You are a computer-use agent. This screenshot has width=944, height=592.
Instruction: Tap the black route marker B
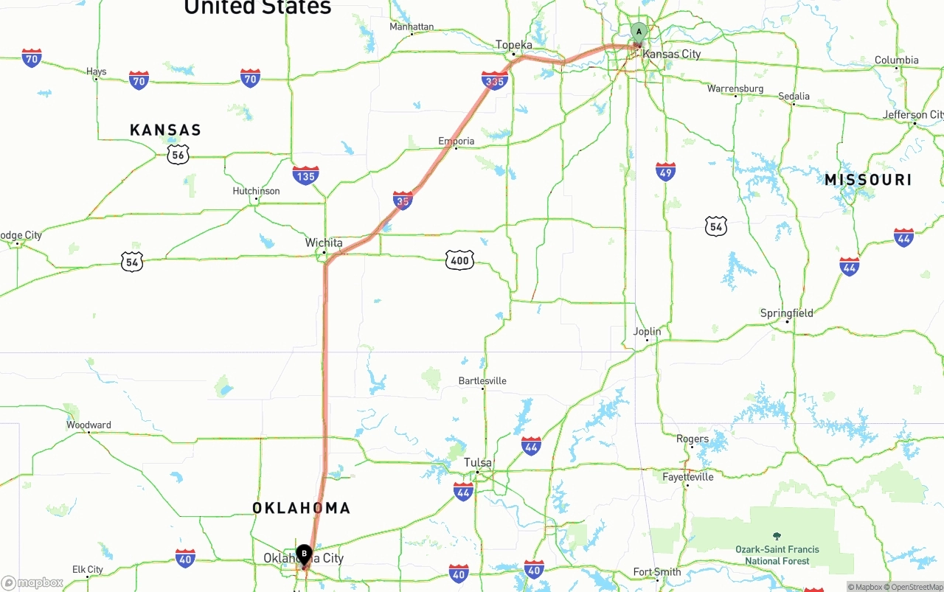(304, 554)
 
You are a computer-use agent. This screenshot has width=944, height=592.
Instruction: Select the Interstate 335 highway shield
(494, 80)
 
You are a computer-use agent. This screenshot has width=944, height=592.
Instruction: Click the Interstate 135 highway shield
(305, 175)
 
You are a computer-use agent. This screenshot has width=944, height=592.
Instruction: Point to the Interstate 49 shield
(665, 172)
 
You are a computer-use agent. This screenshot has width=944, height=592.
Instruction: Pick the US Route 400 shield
(459, 260)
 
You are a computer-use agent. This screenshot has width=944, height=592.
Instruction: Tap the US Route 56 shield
(178, 153)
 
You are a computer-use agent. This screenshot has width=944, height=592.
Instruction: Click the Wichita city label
(324, 243)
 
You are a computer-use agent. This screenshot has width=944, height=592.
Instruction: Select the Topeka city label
(514, 45)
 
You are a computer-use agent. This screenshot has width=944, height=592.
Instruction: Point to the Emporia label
(457, 141)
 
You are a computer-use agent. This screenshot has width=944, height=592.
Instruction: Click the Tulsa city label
(478, 463)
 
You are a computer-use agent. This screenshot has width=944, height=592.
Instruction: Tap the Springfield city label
(787, 313)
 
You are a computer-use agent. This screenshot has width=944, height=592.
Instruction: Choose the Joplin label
(648, 332)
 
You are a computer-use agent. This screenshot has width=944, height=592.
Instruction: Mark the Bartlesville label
(482, 381)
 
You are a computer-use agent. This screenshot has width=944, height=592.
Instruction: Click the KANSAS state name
(165, 130)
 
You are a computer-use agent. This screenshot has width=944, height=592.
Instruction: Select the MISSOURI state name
(868, 180)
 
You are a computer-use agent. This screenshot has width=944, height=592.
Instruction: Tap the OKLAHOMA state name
(301, 508)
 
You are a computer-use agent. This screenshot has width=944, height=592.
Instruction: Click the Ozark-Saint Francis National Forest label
(777, 554)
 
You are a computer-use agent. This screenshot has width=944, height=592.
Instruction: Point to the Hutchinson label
(256, 191)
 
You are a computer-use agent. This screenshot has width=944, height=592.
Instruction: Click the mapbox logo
(32, 583)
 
